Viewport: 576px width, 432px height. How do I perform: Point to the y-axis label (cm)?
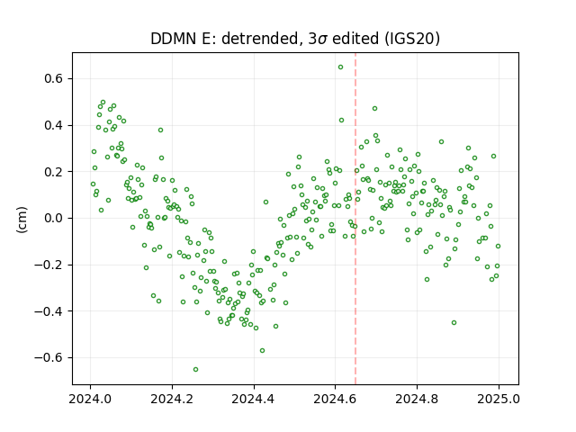(22, 220)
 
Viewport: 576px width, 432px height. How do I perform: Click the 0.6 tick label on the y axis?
(54, 78)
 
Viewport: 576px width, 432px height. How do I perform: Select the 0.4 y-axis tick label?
(54, 125)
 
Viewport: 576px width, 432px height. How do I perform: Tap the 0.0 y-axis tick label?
(54, 218)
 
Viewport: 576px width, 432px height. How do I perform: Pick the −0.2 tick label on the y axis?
(49, 265)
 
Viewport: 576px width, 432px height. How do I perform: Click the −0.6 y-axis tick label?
(49, 357)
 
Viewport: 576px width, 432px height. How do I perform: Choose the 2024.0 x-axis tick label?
(90, 399)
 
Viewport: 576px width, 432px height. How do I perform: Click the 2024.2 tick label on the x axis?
(172, 399)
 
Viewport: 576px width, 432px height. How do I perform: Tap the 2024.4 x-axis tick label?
(254, 399)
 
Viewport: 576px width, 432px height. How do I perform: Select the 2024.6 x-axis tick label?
(335, 399)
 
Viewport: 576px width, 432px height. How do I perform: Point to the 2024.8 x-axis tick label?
(417, 399)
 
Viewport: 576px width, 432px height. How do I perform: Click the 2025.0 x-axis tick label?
(499, 399)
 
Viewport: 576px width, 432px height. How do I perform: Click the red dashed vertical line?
(355, 219)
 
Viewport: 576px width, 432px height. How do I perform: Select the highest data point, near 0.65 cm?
(340, 67)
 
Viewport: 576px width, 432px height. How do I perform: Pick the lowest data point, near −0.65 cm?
(196, 369)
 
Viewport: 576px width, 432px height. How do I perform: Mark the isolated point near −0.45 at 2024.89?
(454, 322)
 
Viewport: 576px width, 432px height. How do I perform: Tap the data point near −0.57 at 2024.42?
(262, 350)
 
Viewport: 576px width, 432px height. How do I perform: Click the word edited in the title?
(355, 39)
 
